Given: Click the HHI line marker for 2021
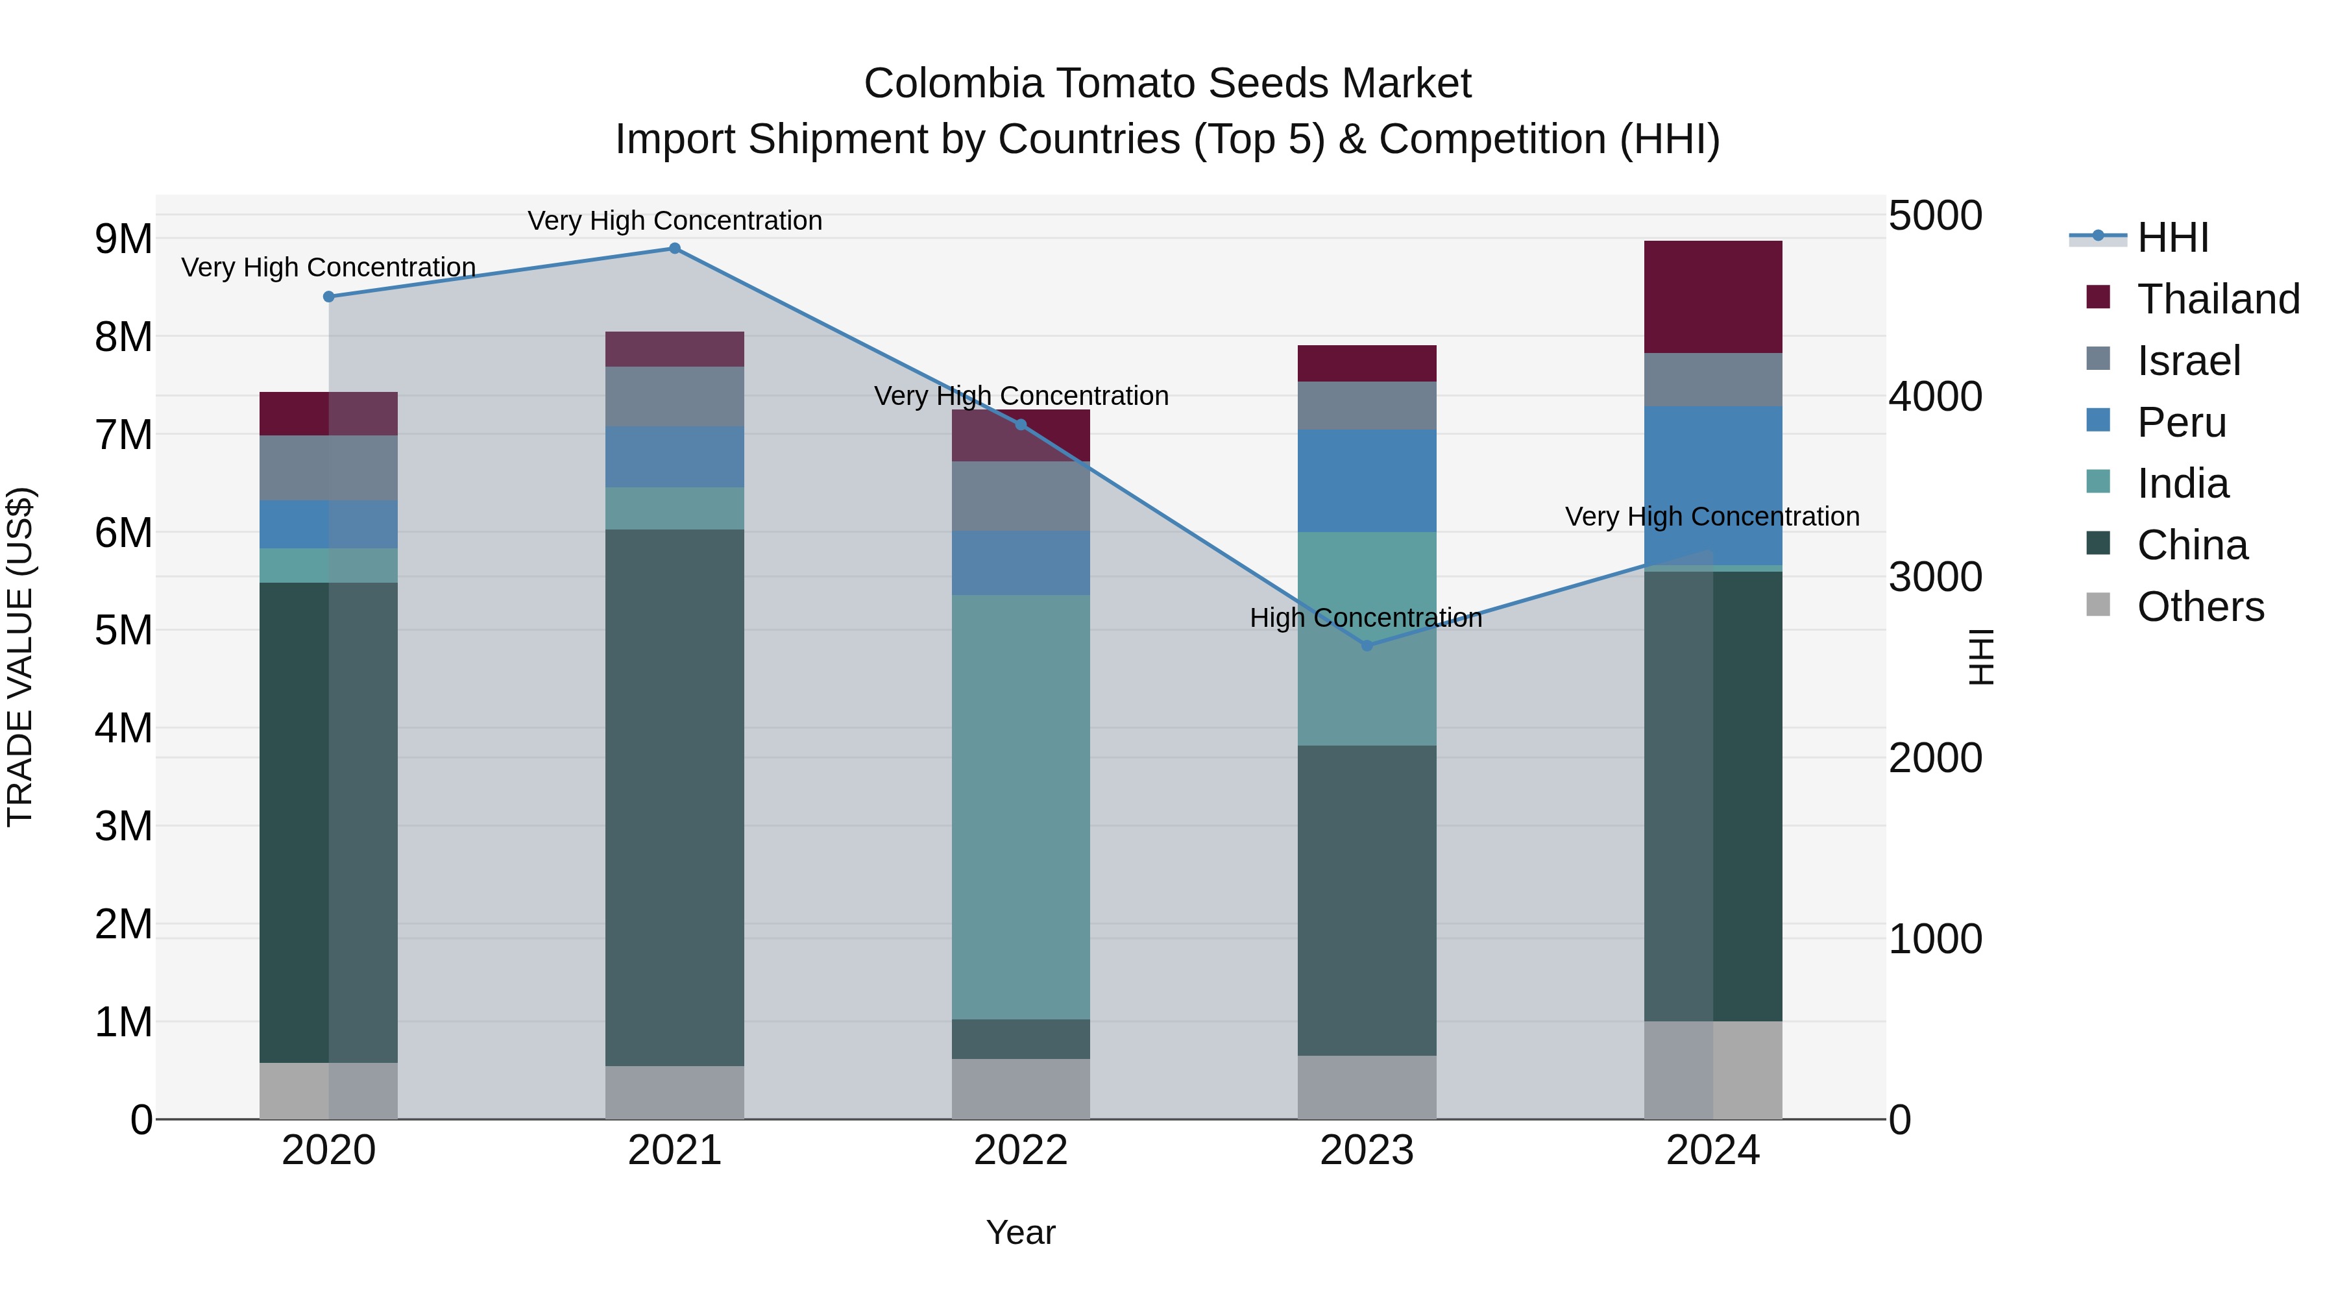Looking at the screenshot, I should tap(675, 249).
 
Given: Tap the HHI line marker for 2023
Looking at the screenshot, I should tap(1367, 646).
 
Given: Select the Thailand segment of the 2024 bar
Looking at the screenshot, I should tap(1713, 297).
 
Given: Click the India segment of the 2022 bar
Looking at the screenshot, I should tap(1020, 807).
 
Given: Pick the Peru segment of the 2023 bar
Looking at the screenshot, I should tap(1367, 481).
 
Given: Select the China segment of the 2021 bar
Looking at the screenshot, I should tap(675, 798).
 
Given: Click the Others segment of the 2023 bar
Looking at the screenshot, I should tap(1367, 1088).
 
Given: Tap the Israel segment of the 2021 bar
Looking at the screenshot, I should tap(675, 396).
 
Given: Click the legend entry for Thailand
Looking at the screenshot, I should tap(2217, 299).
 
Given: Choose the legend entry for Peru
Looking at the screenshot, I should tap(2181, 422).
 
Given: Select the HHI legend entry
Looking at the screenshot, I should tap(2172, 237).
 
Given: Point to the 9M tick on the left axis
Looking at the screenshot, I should tap(123, 239).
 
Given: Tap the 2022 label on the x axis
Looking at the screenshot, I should tap(1020, 1150).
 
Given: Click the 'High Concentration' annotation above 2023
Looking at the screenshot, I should tap(1366, 618).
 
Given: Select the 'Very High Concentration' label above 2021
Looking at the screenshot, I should tap(675, 221).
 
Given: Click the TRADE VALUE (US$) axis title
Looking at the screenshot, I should tap(20, 657).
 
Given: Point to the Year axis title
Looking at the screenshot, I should tap(1020, 1232).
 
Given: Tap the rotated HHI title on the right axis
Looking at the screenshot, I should tap(1982, 657).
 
